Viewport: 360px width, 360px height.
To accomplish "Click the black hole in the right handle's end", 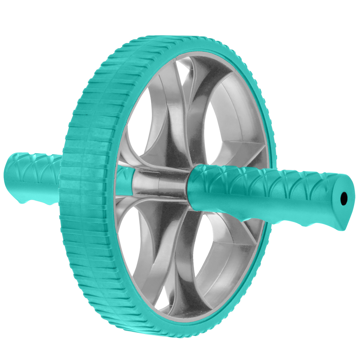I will pos(343,199).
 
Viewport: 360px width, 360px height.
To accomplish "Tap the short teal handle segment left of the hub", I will pos(125,181).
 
